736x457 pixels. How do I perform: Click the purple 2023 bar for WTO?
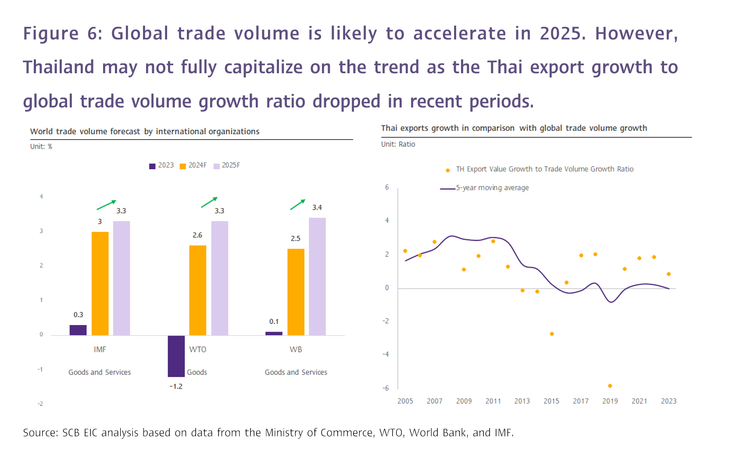tap(176, 356)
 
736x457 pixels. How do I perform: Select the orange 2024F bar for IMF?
tap(100, 283)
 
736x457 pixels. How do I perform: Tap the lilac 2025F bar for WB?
tap(317, 277)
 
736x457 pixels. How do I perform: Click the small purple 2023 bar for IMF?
tap(78, 330)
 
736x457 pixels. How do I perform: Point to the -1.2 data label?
tap(176, 386)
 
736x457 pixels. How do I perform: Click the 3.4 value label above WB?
tap(317, 207)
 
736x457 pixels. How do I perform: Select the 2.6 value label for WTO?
tap(197, 235)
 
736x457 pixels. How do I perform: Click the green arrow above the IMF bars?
tap(107, 205)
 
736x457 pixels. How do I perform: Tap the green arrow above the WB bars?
tap(298, 204)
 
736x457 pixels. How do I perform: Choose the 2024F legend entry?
tap(193, 165)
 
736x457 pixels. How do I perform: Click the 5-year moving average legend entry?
tap(484, 188)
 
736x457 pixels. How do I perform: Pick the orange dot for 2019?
tap(610, 386)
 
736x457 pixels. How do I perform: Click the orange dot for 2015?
tap(552, 334)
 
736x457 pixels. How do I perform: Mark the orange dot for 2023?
tap(668, 274)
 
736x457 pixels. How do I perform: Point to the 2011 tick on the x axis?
tap(493, 401)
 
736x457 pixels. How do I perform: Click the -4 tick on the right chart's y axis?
tap(386, 354)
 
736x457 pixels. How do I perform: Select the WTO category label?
tap(198, 350)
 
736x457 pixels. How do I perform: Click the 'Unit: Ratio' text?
tap(398, 144)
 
